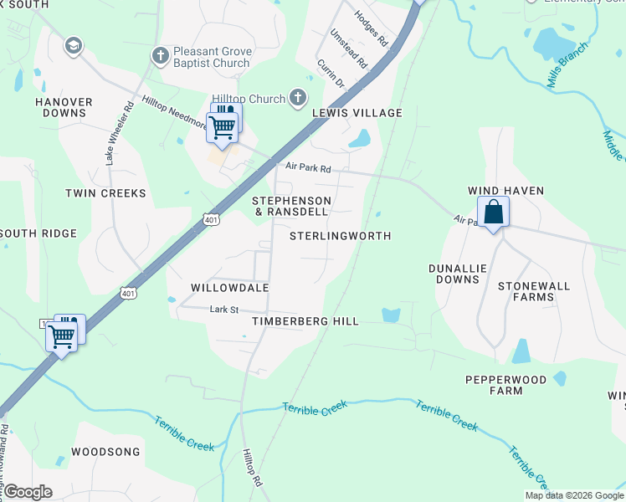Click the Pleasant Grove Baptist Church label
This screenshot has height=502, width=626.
coord(211,57)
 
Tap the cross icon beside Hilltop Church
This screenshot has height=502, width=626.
coord(296,99)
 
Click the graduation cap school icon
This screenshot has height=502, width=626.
coord(73,45)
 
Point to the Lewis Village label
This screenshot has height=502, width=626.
coord(357,113)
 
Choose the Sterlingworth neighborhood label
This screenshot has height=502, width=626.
coord(340,236)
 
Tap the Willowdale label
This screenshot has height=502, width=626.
coord(229,288)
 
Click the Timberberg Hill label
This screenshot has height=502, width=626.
coord(305,321)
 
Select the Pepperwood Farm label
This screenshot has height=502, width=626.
coord(505,385)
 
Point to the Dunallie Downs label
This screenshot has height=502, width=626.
coord(457,274)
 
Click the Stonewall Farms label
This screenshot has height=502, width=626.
coord(533,291)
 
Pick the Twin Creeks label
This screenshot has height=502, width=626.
coord(105,193)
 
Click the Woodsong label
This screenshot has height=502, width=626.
coord(105,452)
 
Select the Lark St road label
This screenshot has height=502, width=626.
coord(224,310)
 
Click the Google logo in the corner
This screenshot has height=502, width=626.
coord(28,492)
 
